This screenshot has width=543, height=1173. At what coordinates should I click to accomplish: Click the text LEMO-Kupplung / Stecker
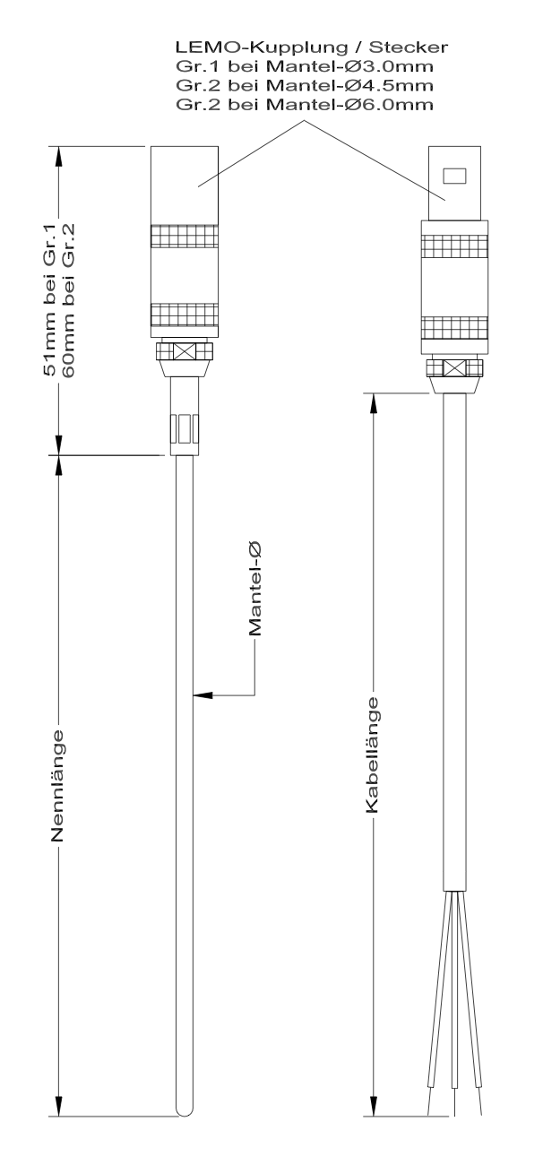(x=311, y=47)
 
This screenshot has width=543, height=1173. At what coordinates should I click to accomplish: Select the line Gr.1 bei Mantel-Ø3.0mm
(x=305, y=66)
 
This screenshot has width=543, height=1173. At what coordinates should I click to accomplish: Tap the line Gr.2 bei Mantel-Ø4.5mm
(x=305, y=85)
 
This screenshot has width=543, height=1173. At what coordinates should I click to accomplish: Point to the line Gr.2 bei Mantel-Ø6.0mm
(x=305, y=104)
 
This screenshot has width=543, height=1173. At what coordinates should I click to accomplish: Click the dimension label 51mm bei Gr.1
(x=48, y=300)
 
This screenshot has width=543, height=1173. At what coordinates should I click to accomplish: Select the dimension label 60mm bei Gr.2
(x=69, y=300)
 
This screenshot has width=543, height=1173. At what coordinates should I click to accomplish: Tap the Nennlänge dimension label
(x=57, y=786)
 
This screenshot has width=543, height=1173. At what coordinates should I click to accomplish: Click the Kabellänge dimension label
(x=372, y=755)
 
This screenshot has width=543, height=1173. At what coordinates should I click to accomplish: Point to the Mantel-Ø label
(x=254, y=589)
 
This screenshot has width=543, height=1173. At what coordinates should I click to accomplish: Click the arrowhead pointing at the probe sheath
(x=203, y=694)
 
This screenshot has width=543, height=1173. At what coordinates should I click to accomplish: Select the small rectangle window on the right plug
(x=454, y=175)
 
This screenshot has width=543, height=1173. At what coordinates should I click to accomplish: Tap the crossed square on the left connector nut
(x=185, y=351)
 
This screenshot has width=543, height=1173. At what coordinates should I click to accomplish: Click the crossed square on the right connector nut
(x=454, y=367)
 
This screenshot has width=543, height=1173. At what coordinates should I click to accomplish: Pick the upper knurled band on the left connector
(x=185, y=237)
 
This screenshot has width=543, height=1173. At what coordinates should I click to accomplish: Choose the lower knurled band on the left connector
(x=185, y=315)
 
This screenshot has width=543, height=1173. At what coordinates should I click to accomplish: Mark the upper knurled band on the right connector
(x=454, y=246)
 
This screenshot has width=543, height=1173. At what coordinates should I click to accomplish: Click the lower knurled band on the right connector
(x=454, y=328)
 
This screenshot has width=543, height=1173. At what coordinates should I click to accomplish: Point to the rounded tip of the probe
(x=185, y=1110)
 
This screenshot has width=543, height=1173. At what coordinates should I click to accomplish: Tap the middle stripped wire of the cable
(x=454, y=1004)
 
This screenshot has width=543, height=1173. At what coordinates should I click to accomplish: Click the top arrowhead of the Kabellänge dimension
(x=374, y=402)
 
